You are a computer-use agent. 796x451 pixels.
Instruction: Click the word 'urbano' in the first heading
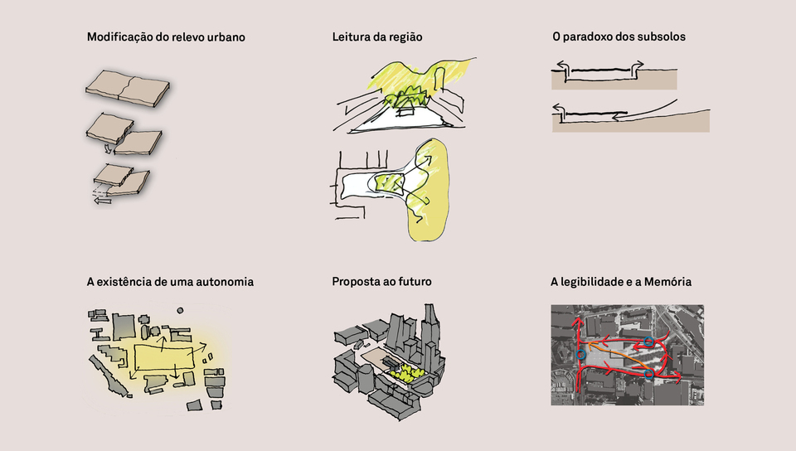[226, 37]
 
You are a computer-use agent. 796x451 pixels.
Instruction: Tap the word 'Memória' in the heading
[667, 282]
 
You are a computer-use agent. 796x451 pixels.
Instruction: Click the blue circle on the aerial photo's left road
[580, 355]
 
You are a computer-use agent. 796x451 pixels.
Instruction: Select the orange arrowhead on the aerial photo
[592, 347]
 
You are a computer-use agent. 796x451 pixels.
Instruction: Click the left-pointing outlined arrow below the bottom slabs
[103, 201]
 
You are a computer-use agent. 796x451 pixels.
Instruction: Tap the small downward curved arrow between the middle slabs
[108, 148]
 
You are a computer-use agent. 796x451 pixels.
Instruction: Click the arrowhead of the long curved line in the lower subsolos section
[615, 118]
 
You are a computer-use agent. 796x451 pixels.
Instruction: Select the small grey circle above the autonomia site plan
[180, 310]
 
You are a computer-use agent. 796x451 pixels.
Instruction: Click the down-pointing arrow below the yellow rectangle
[175, 373]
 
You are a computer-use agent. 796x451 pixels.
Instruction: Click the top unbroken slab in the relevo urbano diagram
[128, 88]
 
